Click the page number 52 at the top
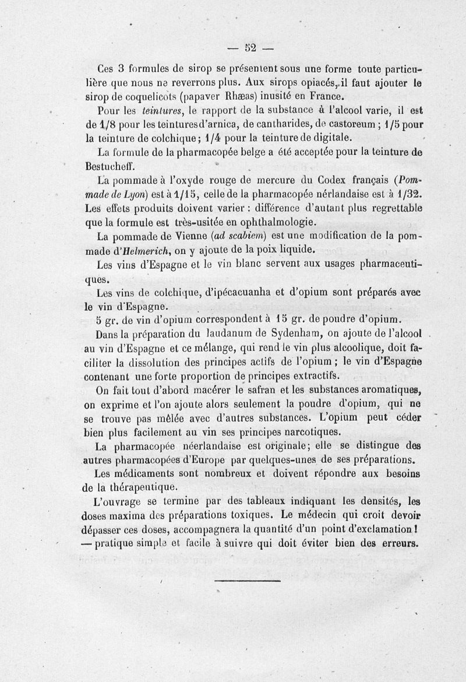[x=252, y=47]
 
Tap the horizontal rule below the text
[x=248, y=579]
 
